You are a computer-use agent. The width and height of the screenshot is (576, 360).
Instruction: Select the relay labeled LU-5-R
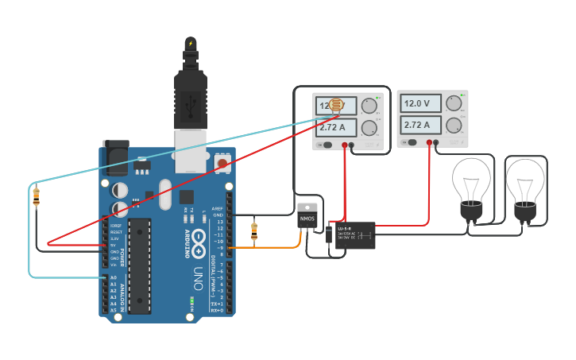pyautogui.click(x=354, y=235)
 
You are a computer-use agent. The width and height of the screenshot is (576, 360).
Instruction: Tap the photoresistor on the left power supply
pyautogui.click(x=336, y=105)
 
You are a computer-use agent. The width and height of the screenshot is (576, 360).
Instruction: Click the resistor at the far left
pyautogui.click(x=36, y=195)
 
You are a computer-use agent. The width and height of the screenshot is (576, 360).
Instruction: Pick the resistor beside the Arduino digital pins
pyautogui.click(x=254, y=230)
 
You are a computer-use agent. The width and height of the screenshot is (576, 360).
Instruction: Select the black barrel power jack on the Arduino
pyautogui.click(x=115, y=159)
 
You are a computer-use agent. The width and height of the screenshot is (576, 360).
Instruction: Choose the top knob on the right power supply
pyautogui.click(x=454, y=103)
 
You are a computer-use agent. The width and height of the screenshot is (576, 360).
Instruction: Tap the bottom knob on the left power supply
pyautogui.click(x=369, y=127)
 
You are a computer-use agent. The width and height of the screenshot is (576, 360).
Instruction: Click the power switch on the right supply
pyautogui.click(x=411, y=143)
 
